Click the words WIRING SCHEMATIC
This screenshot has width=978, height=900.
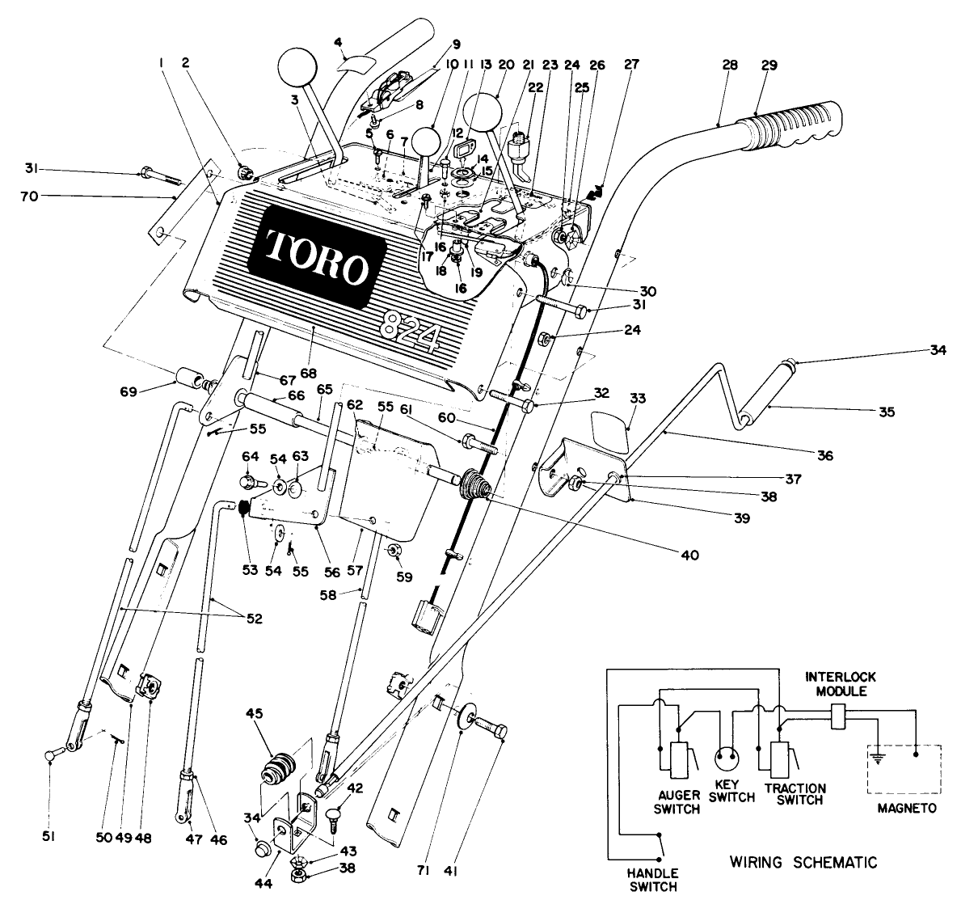(803, 862)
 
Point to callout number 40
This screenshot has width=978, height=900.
(688, 555)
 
